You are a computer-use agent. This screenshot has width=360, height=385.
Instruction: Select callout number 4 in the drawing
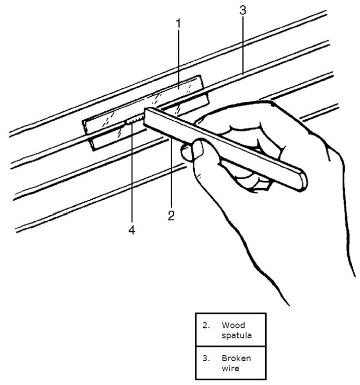[x=131, y=230]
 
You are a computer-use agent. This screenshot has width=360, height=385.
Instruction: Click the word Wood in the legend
[x=233, y=325]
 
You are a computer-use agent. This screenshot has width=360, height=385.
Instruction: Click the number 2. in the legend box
[x=206, y=325]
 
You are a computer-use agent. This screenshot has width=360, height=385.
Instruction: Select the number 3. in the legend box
[x=206, y=358]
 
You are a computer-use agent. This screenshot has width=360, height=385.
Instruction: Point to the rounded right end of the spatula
[x=301, y=180]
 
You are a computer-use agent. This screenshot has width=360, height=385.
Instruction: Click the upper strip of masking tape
[x=141, y=100]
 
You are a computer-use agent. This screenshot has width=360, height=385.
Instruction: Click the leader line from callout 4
[x=132, y=173]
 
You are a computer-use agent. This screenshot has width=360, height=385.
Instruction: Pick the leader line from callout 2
[x=171, y=173]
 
